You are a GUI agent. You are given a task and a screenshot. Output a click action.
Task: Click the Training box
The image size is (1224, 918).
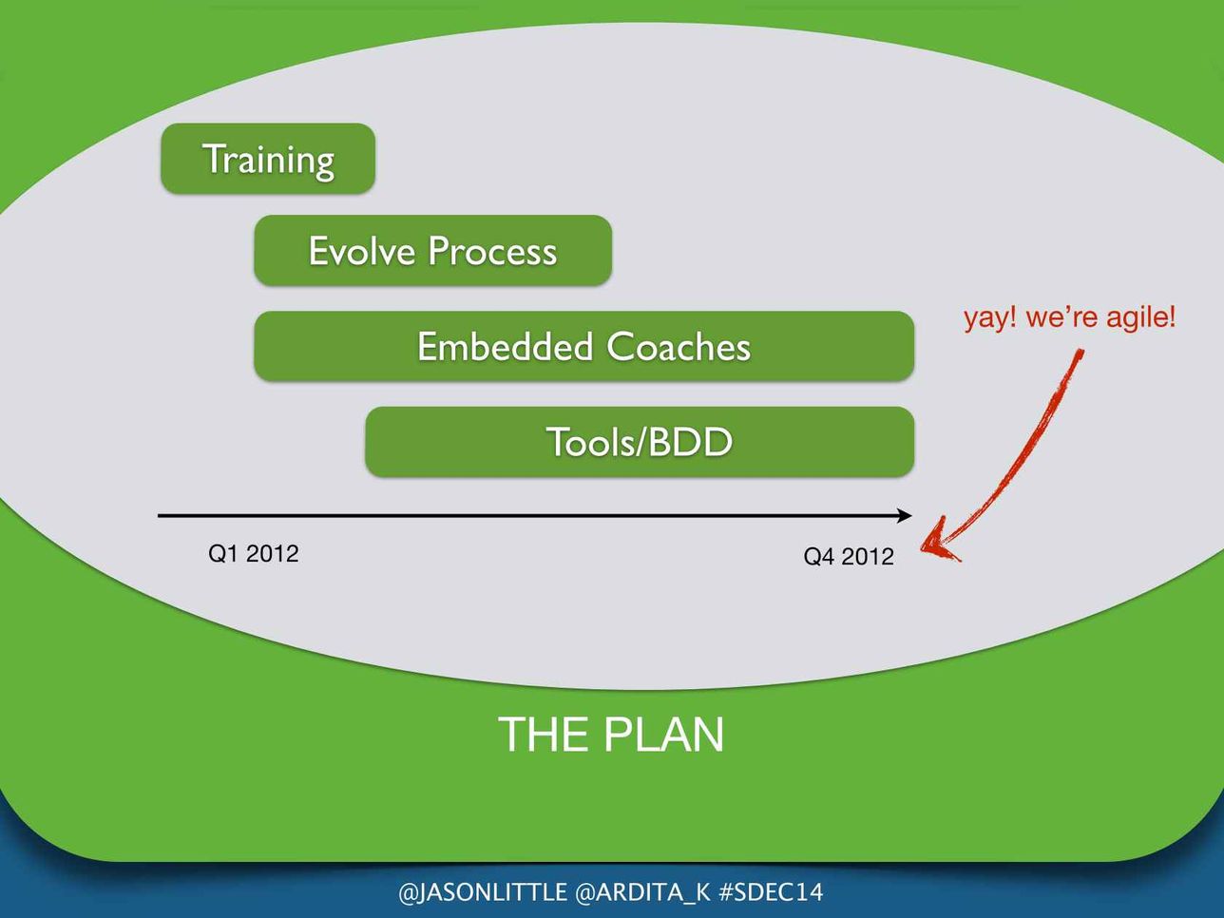[268, 159]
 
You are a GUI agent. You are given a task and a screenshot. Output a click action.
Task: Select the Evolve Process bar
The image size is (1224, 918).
[432, 250]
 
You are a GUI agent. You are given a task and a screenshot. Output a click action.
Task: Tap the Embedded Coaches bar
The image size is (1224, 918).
[583, 346]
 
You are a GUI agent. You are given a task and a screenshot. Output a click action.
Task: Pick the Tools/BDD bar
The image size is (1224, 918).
[640, 442]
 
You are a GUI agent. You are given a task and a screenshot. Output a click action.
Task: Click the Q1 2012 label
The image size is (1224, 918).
[253, 553]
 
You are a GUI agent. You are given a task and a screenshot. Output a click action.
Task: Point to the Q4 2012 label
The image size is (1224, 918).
[849, 556]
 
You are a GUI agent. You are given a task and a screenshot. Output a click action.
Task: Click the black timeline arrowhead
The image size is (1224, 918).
[905, 516]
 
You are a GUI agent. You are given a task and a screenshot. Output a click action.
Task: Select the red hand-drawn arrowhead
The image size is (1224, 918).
[940, 541]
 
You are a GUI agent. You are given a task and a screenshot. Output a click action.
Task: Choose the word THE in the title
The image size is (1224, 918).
[545, 734]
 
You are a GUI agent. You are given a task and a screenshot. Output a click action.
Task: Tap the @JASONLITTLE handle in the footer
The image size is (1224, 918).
[483, 892]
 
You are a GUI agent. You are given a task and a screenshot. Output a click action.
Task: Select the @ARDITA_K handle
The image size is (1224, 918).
[642, 892]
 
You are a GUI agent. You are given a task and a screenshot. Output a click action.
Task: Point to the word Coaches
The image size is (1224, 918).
[679, 346]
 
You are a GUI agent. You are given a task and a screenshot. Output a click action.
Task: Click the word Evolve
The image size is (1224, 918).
[362, 250]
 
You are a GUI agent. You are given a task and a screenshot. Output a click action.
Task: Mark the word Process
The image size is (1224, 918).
[492, 251]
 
